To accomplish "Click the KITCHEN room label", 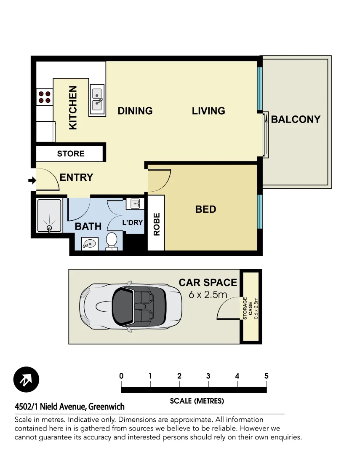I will [73, 107].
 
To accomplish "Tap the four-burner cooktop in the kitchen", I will [44, 97].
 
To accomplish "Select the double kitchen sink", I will [97, 100].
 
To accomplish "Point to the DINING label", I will [135, 111].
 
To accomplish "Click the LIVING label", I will [208, 111].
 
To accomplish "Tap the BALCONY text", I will [296, 119].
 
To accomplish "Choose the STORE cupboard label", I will [71, 154].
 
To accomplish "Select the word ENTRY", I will [76, 177].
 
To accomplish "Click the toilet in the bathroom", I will [112, 241].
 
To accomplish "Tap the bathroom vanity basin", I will [89, 243].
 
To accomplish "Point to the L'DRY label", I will [133, 222].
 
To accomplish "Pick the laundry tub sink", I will [136, 204].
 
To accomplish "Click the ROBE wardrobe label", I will [157, 224].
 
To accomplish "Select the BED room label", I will [205, 209].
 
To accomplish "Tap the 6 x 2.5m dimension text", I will [208, 294].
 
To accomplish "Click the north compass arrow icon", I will [26, 380].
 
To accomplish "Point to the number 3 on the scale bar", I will [208, 376].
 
